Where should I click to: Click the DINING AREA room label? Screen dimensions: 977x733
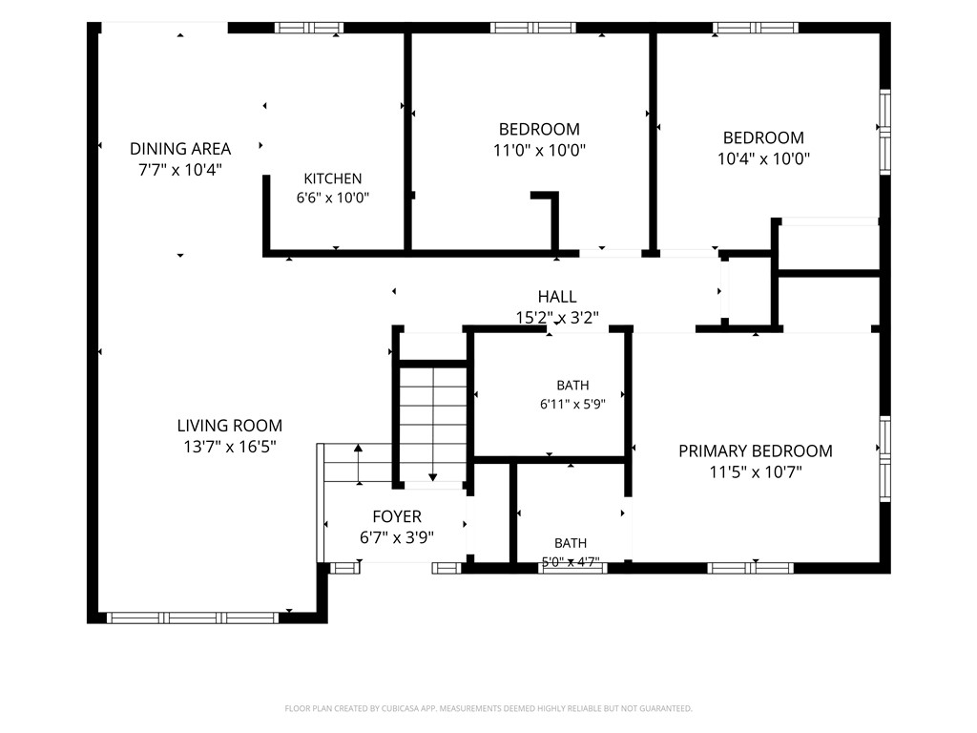coord(180,149)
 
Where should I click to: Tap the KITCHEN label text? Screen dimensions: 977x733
coord(333,178)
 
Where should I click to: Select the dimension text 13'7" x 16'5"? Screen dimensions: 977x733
coord(230,447)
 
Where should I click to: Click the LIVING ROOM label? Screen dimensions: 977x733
coord(230,426)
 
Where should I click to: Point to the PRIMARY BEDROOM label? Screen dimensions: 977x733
coord(756,450)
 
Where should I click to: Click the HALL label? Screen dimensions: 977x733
coord(557,297)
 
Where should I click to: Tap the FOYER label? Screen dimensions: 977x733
coord(397,516)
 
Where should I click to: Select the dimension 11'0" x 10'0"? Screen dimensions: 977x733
coord(540,150)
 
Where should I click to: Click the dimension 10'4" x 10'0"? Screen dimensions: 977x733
coord(763,158)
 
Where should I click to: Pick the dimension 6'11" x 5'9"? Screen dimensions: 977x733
coord(572,404)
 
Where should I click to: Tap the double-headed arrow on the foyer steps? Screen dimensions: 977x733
coord(359,465)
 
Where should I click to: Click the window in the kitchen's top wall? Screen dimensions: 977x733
coord(309,28)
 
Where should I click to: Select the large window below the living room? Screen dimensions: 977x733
coord(193,618)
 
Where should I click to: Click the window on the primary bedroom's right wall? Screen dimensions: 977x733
coord(884,458)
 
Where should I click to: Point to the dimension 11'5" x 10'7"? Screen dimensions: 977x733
coord(756,471)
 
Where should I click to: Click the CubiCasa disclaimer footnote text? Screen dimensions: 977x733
coord(488,708)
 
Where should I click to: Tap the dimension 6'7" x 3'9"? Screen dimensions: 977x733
coord(397,537)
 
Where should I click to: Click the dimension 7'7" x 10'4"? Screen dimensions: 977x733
coord(180,170)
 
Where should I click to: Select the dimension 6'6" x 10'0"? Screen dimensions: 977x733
coord(333,199)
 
